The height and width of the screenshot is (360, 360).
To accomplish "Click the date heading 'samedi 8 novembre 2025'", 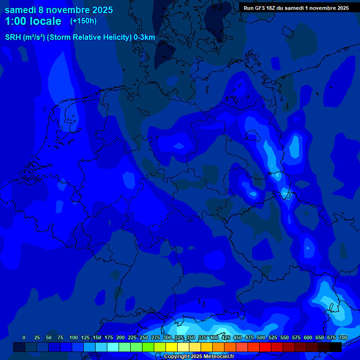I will [59, 10].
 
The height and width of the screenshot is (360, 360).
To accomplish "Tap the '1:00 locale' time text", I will [33, 21].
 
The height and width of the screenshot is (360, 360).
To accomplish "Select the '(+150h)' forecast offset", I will [83, 21].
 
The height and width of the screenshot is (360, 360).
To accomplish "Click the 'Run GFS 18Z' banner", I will [296, 8].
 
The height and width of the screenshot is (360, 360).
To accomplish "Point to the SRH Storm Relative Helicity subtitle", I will [80, 37].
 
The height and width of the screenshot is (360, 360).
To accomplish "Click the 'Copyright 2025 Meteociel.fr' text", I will [199, 357].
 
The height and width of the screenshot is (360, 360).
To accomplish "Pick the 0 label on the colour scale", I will [24, 337].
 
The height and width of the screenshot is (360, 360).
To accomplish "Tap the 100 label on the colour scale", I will [74, 337].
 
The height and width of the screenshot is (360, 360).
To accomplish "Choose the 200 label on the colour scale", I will [120, 337].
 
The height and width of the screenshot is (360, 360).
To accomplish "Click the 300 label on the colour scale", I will [167, 337].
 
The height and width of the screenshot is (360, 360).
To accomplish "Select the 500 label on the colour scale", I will [261, 337].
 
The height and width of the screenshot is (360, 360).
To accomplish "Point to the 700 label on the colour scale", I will [343, 337].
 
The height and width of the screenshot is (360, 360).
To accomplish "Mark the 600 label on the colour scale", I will [308, 337].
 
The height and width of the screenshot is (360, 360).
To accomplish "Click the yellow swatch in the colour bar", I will [172, 347].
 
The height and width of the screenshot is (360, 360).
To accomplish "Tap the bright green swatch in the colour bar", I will [148, 347].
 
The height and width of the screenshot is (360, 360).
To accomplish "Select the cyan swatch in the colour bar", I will [113, 347].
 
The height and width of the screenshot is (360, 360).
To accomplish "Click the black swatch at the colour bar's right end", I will [336, 347].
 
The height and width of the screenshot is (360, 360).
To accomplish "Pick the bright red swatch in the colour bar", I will [265, 347].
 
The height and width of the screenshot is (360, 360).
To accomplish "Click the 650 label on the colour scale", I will [320, 337].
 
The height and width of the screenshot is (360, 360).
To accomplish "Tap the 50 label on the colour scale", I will [49, 337].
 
